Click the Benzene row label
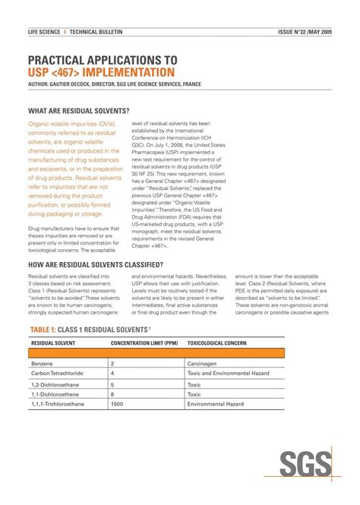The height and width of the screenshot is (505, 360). point(43,364)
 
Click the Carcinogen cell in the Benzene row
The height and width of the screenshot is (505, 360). point(203,364)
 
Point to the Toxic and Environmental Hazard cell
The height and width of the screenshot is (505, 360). point(229,374)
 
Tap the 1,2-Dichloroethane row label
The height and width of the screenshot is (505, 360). point(56,384)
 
